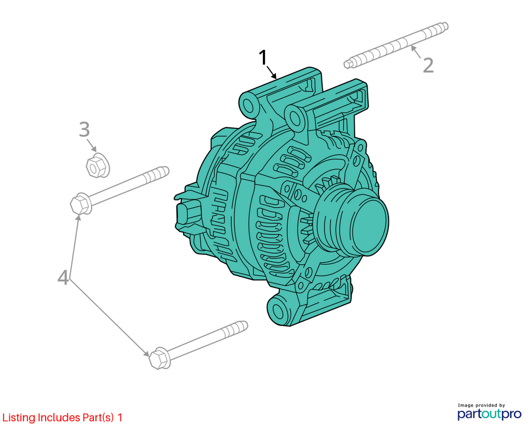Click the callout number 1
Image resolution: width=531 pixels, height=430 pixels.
coord(263,58)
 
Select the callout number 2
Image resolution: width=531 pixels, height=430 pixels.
coord(428,65)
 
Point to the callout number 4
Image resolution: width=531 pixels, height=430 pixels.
coord(63,278)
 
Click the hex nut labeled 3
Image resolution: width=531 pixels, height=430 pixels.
coord(97,165)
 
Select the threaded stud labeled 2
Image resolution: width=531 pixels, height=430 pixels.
coord(396,45)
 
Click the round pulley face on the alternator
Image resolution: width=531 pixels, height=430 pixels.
coord(369,227)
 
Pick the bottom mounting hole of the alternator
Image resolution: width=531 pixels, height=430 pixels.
coord(278,311)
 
